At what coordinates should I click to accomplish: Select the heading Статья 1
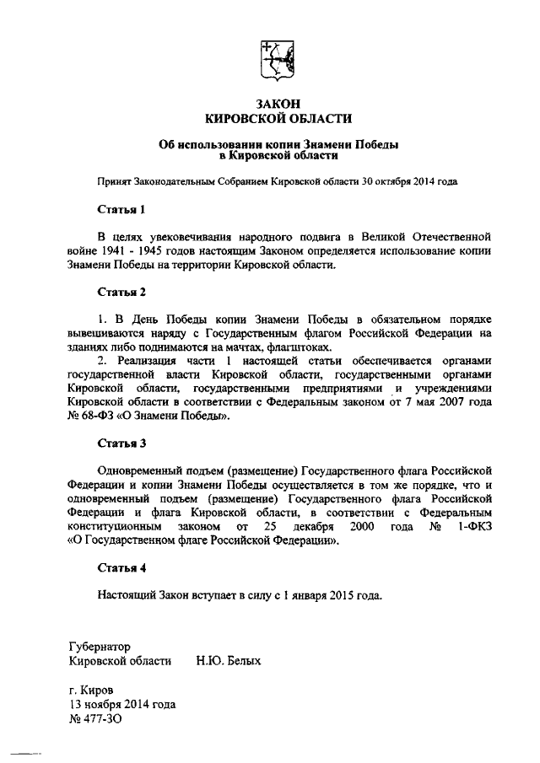122,208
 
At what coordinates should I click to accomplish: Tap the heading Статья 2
122,293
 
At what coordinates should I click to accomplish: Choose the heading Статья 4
122,567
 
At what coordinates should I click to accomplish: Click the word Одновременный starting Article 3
143,469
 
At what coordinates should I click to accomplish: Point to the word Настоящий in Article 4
127,594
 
